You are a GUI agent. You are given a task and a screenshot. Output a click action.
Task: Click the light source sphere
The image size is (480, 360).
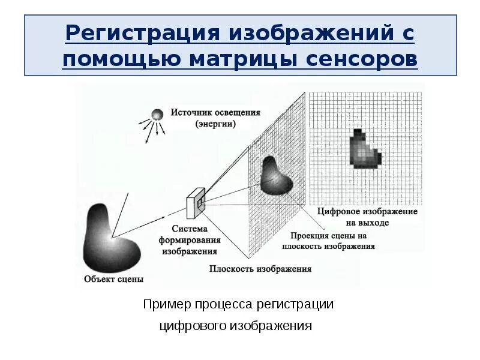coord(157,115)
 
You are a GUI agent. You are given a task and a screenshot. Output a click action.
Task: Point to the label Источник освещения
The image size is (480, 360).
coord(215,112)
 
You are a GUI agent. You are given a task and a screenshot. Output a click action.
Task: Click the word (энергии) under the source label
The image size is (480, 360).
coord(215,124)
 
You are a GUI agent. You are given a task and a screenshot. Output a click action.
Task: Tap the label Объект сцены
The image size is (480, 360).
coord(114,279)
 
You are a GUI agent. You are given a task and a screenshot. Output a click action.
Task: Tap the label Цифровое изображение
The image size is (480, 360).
coord(367,212)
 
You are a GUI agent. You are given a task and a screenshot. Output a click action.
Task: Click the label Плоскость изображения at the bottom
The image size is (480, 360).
coord(260,269)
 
